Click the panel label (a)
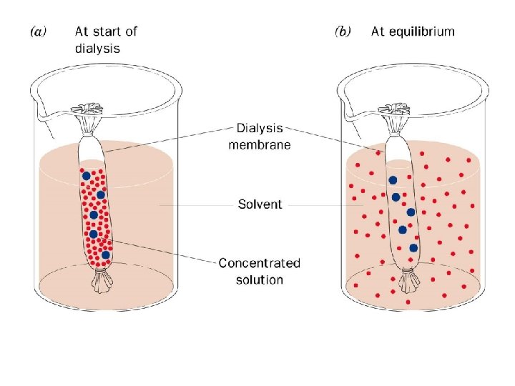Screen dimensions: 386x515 [x=39, y=33]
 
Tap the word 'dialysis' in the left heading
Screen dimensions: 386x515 [x=97, y=48]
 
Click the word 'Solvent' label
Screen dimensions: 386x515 [x=260, y=204]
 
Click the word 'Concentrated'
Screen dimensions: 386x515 [x=260, y=264]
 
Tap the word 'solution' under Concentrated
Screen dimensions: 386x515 [x=260, y=279]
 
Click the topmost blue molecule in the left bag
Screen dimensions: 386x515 [x=86, y=175]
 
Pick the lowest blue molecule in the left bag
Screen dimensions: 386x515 [x=105, y=254]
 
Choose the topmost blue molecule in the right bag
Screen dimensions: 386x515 [x=392, y=179]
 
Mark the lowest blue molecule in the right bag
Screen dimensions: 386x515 [x=413, y=248]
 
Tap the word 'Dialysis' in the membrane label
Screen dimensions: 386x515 [x=260, y=129]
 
